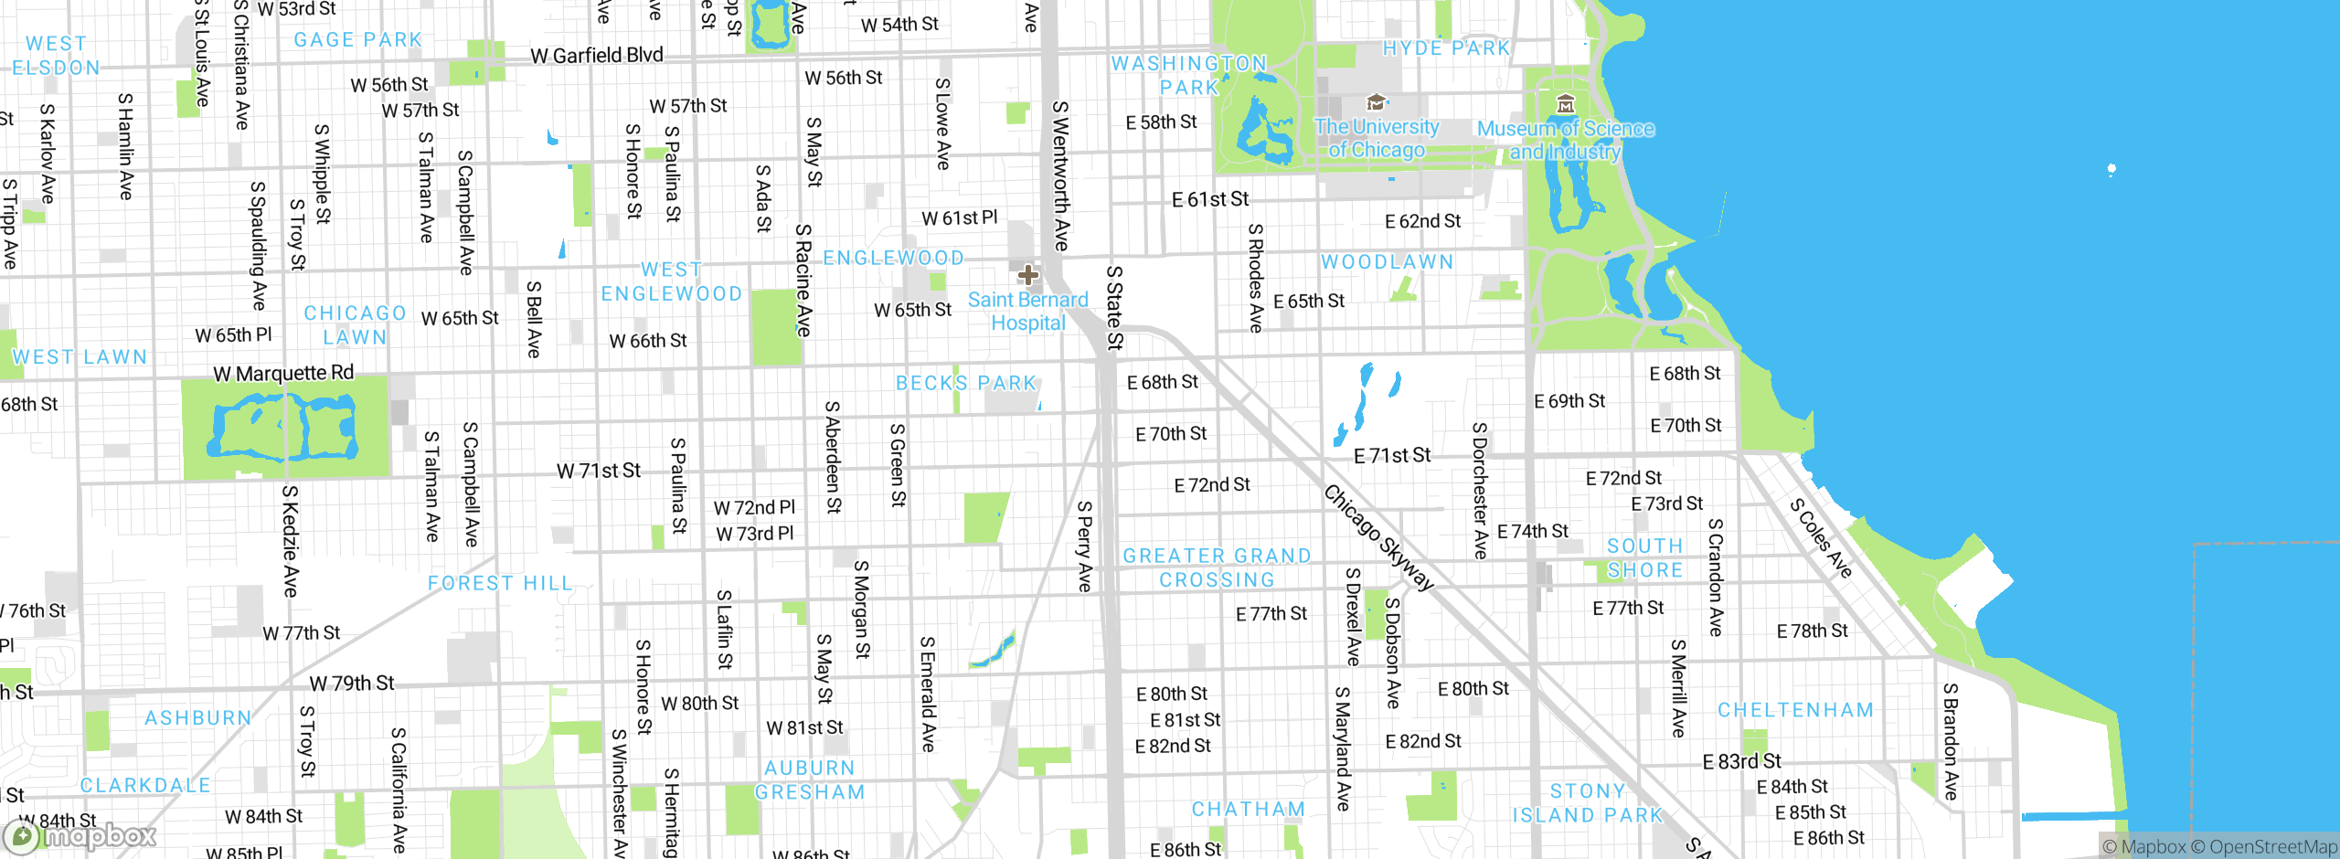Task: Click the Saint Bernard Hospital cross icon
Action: point(1027,275)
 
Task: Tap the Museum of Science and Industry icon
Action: point(1565,103)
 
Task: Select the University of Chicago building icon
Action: point(1376,101)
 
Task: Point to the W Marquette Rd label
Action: point(283,373)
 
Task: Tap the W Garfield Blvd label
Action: point(597,56)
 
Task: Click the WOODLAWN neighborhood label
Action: point(1387,262)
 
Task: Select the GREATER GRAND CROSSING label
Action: point(1217,567)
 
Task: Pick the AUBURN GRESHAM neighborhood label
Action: point(810,780)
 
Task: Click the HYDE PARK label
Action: point(1446,48)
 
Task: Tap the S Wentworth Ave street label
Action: point(1060,175)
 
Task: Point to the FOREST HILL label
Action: point(499,583)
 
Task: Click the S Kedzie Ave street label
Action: point(290,541)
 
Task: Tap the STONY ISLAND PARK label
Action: point(1588,803)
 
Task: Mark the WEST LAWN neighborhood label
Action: point(80,357)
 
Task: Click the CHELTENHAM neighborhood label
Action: point(1795,710)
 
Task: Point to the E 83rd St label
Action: point(1741,761)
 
